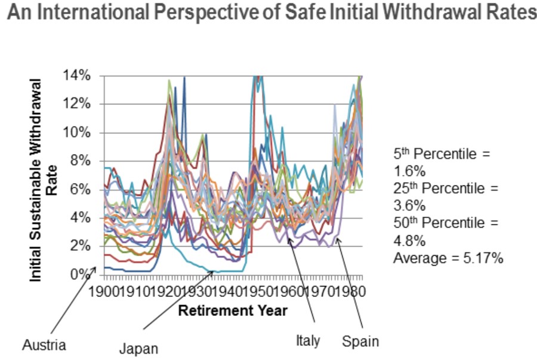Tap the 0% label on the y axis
85,275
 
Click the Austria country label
44,344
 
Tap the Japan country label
139,349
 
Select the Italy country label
308,341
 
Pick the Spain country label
360,342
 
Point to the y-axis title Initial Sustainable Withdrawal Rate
44,179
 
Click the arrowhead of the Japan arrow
214,272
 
